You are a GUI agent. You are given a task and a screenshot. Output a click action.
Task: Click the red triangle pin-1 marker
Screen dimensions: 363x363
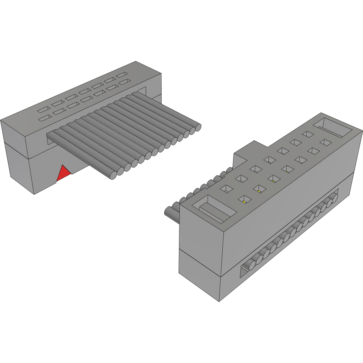(x=63, y=174)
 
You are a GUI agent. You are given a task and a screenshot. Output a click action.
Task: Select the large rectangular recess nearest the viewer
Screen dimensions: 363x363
(x=217, y=208)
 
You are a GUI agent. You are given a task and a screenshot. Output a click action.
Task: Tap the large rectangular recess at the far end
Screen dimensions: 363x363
(x=332, y=127)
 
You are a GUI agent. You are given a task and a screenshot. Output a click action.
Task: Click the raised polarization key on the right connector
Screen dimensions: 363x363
(x=247, y=151)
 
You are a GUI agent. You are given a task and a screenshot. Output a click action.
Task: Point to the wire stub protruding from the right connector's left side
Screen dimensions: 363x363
(x=170, y=213)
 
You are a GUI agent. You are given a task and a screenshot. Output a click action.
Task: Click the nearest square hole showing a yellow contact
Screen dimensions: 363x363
(x=244, y=199)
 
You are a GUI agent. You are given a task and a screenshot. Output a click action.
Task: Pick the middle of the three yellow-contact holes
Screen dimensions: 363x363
(x=259, y=189)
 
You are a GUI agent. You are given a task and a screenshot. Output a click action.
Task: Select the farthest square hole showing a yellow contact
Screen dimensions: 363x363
(x=273, y=179)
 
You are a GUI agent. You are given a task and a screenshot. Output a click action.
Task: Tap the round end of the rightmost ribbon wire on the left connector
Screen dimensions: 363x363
(x=198, y=126)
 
